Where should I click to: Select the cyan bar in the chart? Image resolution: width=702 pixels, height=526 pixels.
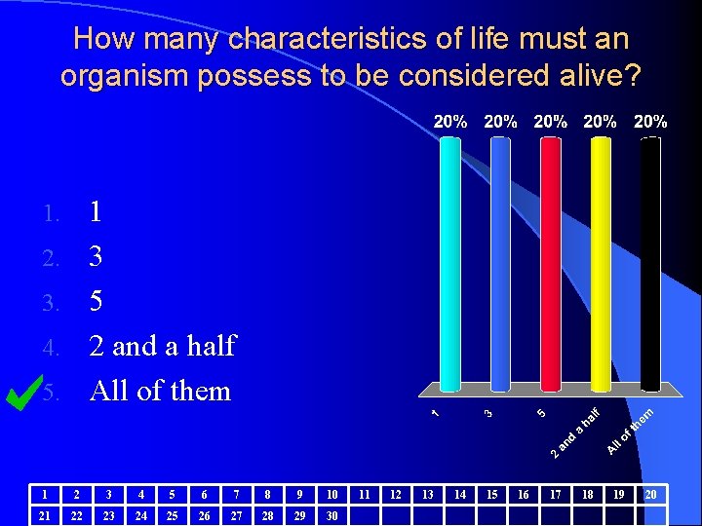(449, 263)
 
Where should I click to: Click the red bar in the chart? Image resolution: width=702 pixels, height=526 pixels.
(550, 263)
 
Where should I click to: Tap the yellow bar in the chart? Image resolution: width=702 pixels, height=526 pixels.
(601, 263)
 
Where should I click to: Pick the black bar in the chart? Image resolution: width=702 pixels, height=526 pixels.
(650, 263)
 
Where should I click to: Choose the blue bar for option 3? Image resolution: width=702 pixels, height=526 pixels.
(500, 263)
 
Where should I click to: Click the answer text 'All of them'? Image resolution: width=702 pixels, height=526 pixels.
(160, 391)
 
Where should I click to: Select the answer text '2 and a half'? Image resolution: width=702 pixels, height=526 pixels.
(162, 346)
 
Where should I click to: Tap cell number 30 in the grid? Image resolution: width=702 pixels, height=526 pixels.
(331, 514)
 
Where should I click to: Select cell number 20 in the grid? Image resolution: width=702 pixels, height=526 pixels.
(650, 494)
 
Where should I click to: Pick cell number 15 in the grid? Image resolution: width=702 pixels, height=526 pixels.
(491, 494)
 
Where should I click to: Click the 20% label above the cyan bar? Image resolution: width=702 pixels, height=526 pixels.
(449, 122)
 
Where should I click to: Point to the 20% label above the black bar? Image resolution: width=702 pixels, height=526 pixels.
(650, 122)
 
